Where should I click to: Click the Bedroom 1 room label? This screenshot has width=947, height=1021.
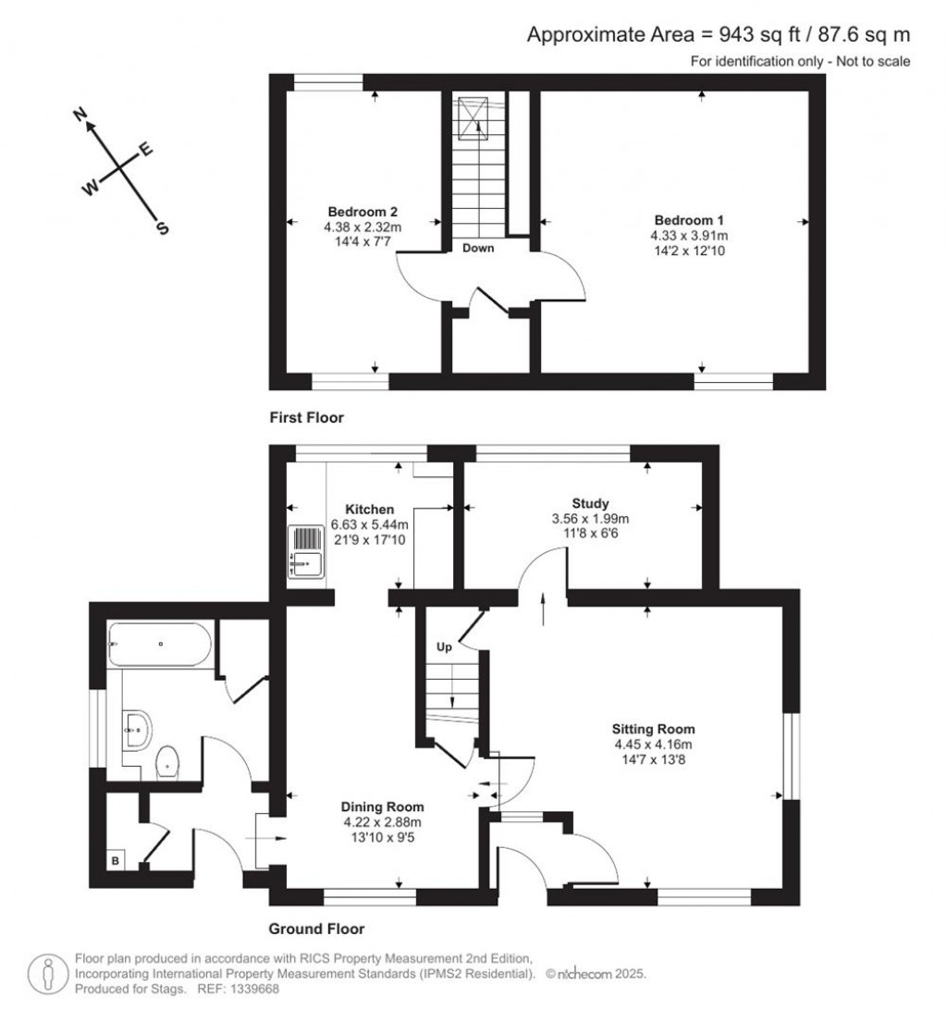click(689, 220)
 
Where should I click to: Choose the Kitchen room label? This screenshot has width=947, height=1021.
click(370, 509)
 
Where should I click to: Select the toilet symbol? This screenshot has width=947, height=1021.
click(167, 762)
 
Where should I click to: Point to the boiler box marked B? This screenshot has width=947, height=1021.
click(116, 860)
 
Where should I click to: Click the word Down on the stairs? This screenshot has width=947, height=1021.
click(478, 248)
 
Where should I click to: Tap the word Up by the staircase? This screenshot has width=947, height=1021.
click(444, 647)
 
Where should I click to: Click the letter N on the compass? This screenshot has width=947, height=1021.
click(80, 115)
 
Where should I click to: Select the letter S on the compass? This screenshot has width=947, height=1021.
click(162, 228)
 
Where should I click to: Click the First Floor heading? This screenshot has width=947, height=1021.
click(306, 418)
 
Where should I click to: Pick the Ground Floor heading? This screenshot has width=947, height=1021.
click(316, 929)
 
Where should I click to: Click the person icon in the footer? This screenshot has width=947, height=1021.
click(47, 974)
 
